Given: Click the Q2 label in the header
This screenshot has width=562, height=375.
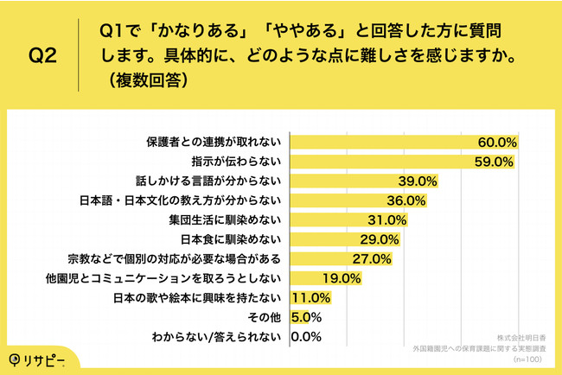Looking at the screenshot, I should point(43,56).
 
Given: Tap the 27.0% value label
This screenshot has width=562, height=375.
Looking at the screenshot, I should point(373,259).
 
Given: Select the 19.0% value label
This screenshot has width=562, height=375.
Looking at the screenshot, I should point(341,278).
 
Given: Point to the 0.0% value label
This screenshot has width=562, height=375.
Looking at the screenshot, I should point(308,337).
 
